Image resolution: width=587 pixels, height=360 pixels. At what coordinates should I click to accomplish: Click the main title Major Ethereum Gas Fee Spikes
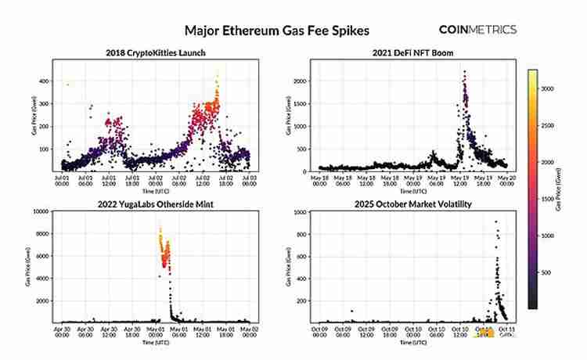click(276, 31)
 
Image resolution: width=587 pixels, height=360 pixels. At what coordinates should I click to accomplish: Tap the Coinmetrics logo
click(477, 30)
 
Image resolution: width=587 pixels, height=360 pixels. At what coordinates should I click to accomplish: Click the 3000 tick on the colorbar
click(549, 88)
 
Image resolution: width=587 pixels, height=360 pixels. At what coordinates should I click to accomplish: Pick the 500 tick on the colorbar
click(547, 272)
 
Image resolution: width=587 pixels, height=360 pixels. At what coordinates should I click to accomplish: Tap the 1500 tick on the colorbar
click(549, 199)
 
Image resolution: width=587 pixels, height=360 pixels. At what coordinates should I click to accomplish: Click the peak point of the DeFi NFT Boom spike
click(464, 72)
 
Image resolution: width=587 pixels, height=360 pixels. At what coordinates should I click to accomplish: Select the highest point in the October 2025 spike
click(495, 221)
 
